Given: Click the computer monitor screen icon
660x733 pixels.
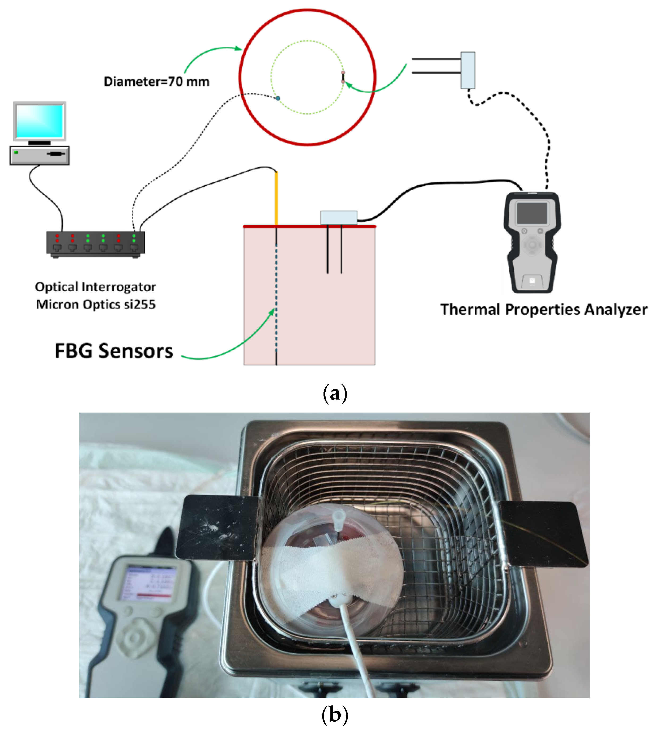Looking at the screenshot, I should (x=40, y=121).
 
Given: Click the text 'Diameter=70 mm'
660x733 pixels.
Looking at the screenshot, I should (x=157, y=82).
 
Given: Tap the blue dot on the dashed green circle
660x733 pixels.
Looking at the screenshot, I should (x=278, y=98).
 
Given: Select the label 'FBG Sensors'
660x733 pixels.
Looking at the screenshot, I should (x=114, y=351).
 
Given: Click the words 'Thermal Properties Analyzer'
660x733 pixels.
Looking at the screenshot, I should (x=544, y=310).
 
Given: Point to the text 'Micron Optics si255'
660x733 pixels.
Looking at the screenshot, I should (x=96, y=305).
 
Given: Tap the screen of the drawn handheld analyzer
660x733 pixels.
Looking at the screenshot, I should (x=532, y=213).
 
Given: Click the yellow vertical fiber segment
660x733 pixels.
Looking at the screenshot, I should (x=276, y=199).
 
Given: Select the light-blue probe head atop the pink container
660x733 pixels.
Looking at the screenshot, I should (x=339, y=217).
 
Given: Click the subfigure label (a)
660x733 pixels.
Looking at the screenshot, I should (x=335, y=393).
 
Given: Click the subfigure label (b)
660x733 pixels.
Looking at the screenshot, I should (x=335, y=715).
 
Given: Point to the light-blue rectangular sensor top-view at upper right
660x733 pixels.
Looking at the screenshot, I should (x=468, y=70).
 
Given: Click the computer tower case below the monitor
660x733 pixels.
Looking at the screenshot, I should (x=40, y=155).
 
